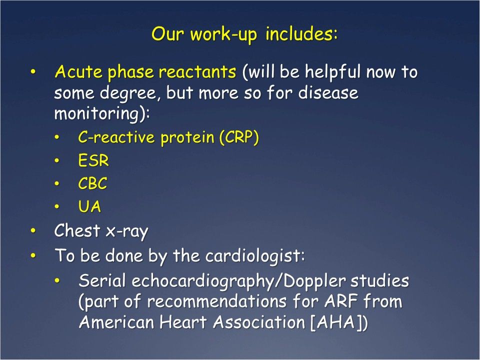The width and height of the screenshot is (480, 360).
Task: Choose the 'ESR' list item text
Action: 93,161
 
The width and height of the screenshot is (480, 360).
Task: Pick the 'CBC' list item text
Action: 92,184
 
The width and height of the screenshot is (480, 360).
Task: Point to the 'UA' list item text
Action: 89,207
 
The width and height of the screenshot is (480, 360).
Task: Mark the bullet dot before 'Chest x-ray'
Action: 33,230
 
